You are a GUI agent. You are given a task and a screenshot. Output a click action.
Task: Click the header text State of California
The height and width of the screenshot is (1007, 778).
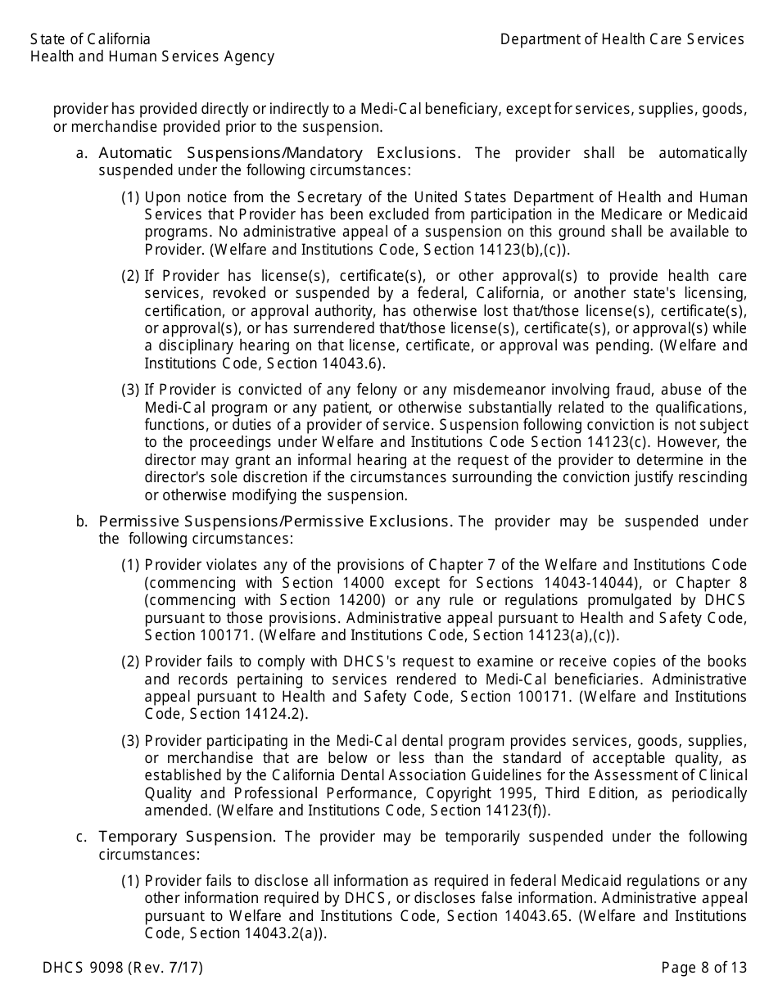pos(90,39)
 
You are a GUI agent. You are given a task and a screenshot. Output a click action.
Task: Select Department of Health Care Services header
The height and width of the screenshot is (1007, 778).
pos(622,39)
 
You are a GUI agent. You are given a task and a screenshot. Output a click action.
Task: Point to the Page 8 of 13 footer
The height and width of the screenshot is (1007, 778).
pos(704,968)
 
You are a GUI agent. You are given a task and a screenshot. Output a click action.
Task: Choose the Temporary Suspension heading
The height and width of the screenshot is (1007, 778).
pos(188,837)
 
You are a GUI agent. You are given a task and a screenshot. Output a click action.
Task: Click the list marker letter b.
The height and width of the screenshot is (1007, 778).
pos(81,522)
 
